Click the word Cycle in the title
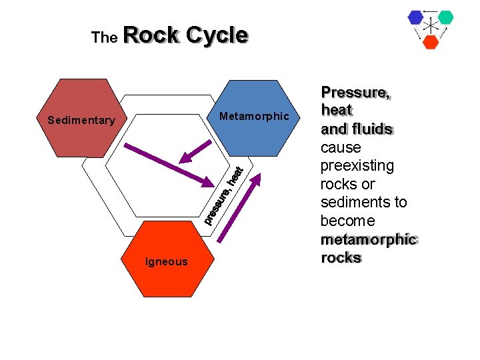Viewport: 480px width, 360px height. (217, 35)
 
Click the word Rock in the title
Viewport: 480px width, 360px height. (151, 35)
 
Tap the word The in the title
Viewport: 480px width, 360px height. (104, 38)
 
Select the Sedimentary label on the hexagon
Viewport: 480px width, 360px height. (81, 121)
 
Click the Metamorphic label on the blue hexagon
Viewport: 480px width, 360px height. (255, 117)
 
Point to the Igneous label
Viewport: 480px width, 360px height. (167, 262)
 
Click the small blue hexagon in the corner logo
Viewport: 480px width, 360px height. (416, 18)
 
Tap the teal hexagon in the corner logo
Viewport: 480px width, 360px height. (445, 17)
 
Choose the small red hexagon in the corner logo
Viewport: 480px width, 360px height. (431, 42)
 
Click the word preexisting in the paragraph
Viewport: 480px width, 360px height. (357, 165)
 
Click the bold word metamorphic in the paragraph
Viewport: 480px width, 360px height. (368, 239)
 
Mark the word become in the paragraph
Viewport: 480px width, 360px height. (347, 221)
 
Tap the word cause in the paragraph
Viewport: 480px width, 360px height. (340, 147)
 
